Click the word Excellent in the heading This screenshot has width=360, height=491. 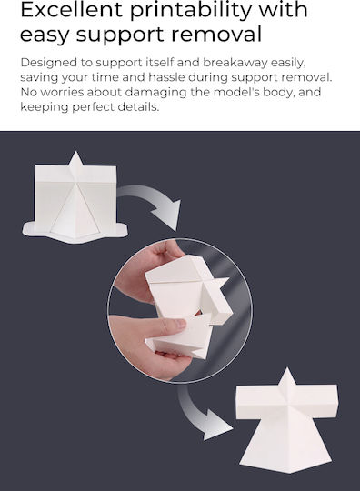tap(71, 10)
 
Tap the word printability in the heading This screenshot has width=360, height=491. tap(191, 12)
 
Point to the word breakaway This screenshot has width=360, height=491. tap(235, 63)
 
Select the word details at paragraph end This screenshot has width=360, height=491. tap(138, 107)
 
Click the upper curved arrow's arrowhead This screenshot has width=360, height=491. tap(168, 214)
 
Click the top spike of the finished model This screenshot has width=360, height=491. tap(286, 379)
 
